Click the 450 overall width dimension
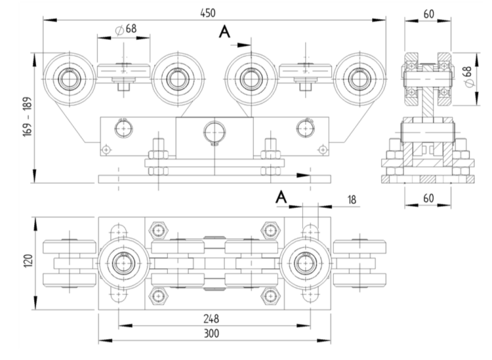(x=209, y=12)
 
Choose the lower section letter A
(x=281, y=196)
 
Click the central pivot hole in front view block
(x=213, y=129)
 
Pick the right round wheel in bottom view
(x=305, y=264)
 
